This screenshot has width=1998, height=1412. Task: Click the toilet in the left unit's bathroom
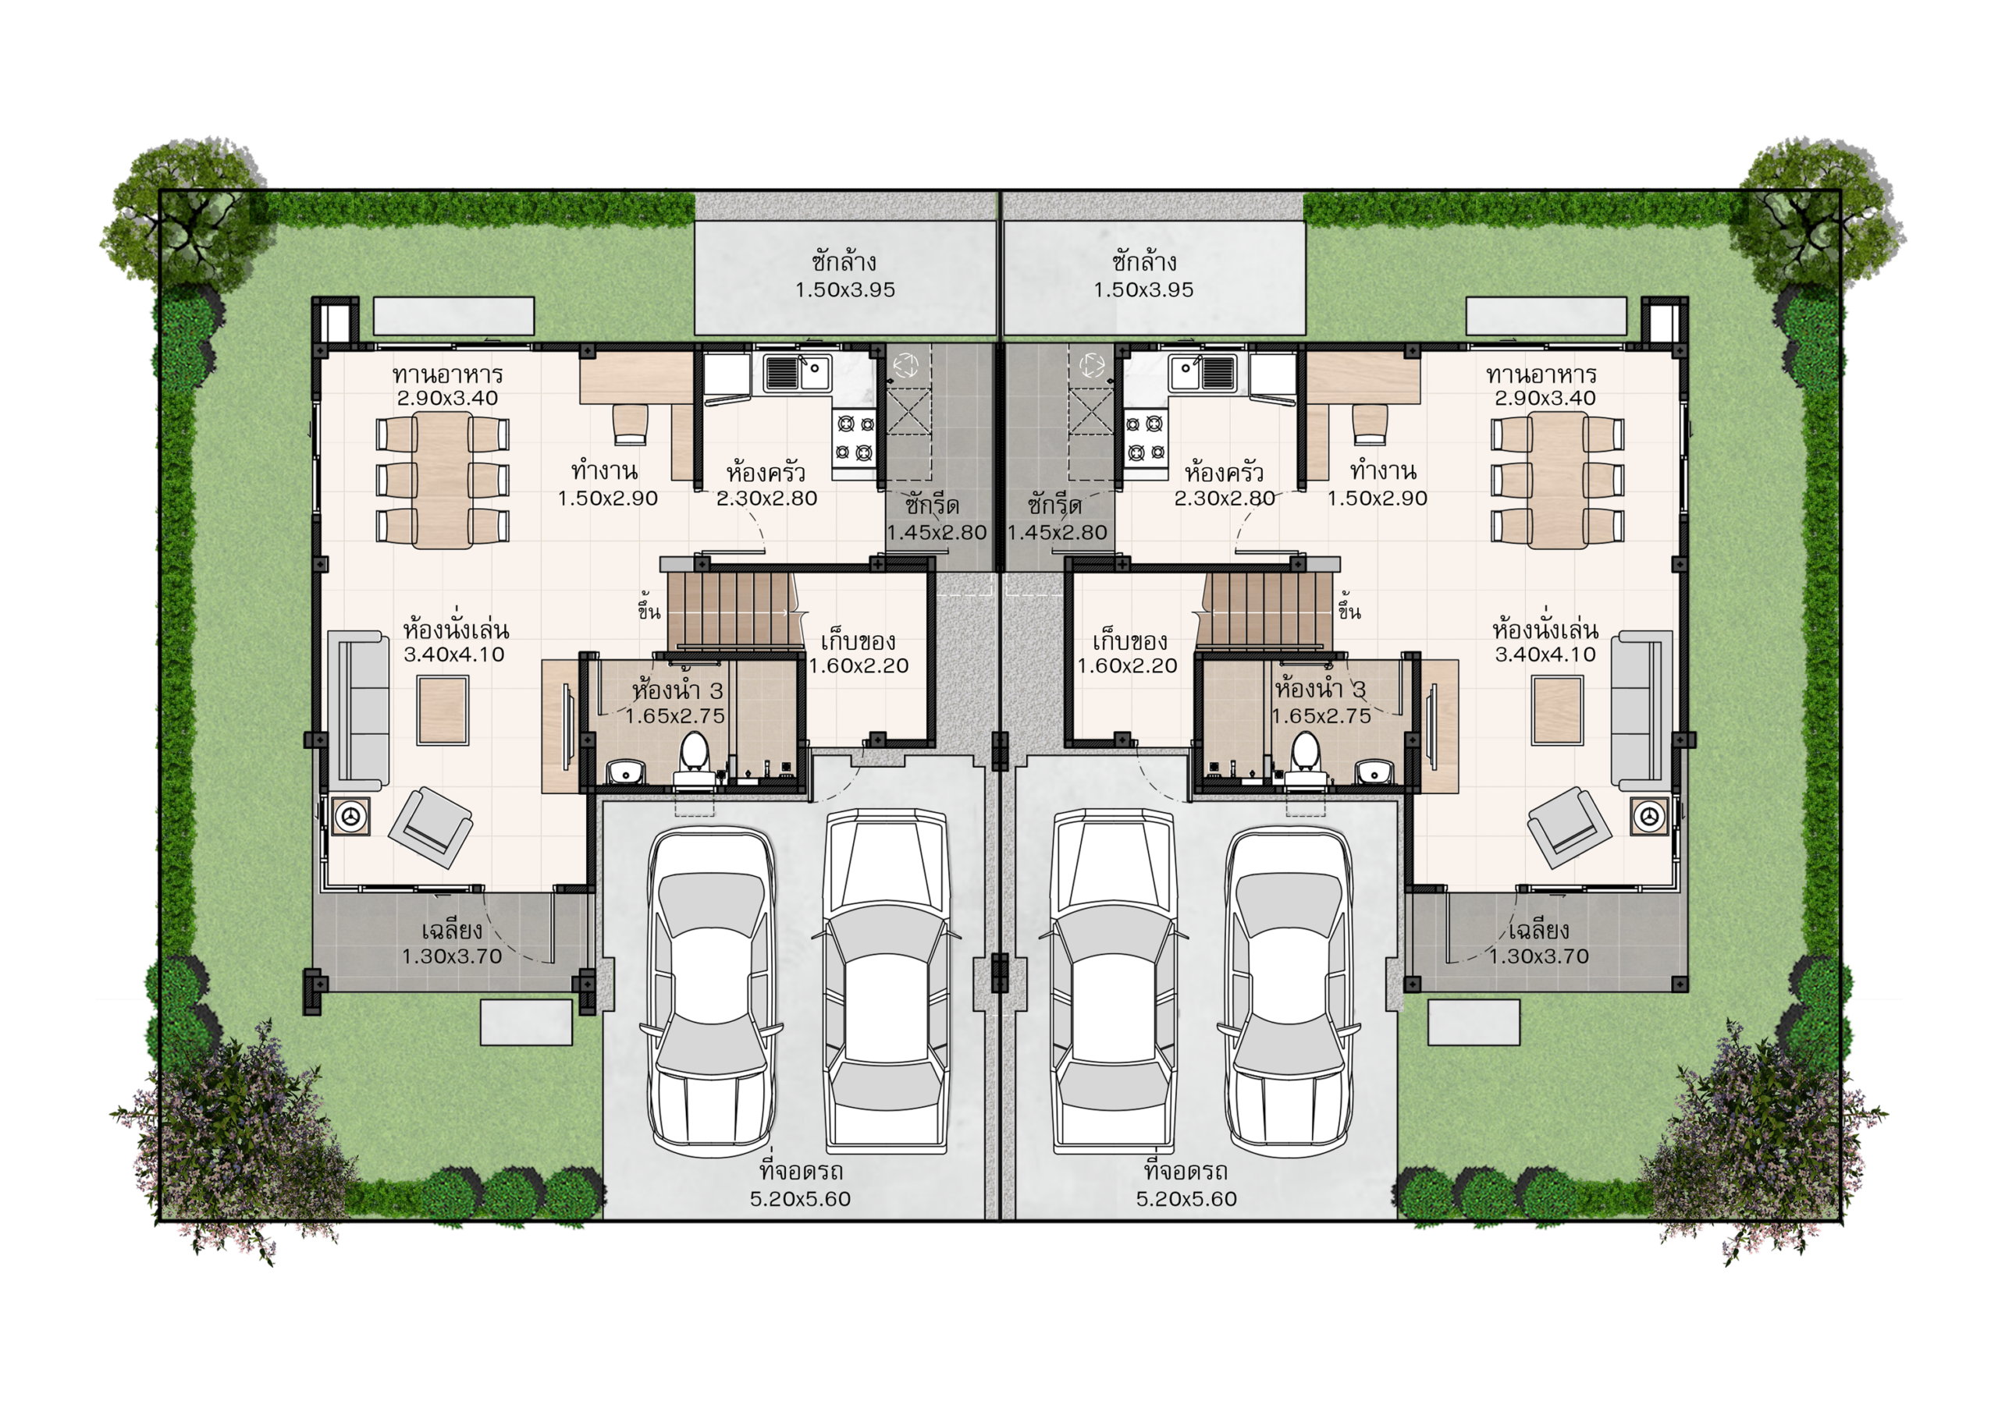[x=694, y=761]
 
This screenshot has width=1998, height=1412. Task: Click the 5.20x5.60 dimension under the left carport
[x=801, y=1199]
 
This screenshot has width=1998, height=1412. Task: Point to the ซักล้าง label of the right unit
[x=1143, y=261]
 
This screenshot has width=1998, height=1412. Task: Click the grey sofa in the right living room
[x=1642, y=710]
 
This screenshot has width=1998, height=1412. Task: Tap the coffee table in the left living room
[x=443, y=710]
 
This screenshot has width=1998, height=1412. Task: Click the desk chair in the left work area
[x=630, y=424]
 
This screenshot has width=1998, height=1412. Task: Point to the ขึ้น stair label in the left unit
[x=649, y=608]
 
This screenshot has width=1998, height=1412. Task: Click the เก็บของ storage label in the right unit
[x=1129, y=642]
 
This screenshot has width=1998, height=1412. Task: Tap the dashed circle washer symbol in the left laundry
[x=906, y=365]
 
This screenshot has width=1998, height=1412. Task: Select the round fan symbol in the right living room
[x=1648, y=816]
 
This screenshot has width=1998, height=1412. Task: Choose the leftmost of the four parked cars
[x=711, y=992]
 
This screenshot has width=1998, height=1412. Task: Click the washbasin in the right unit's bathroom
[x=1375, y=771]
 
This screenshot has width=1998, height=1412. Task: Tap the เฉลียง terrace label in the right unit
[x=1538, y=930]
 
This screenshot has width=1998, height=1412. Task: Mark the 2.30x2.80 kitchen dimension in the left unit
[x=766, y=498]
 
